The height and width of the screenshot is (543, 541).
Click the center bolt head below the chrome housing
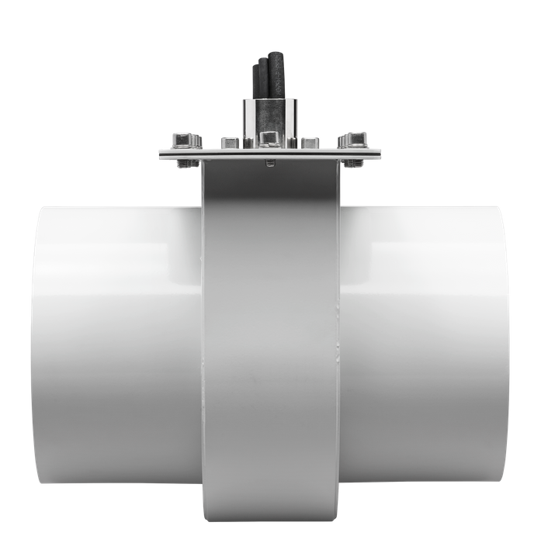click(269, 139)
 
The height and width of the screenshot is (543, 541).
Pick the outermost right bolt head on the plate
click(355, 140)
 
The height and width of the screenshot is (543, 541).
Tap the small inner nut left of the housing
click(228, 142)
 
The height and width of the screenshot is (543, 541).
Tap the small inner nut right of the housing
click(310, 142)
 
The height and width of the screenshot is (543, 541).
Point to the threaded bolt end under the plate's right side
click(353, 164)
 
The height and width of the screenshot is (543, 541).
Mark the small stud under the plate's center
click(269, 162)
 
